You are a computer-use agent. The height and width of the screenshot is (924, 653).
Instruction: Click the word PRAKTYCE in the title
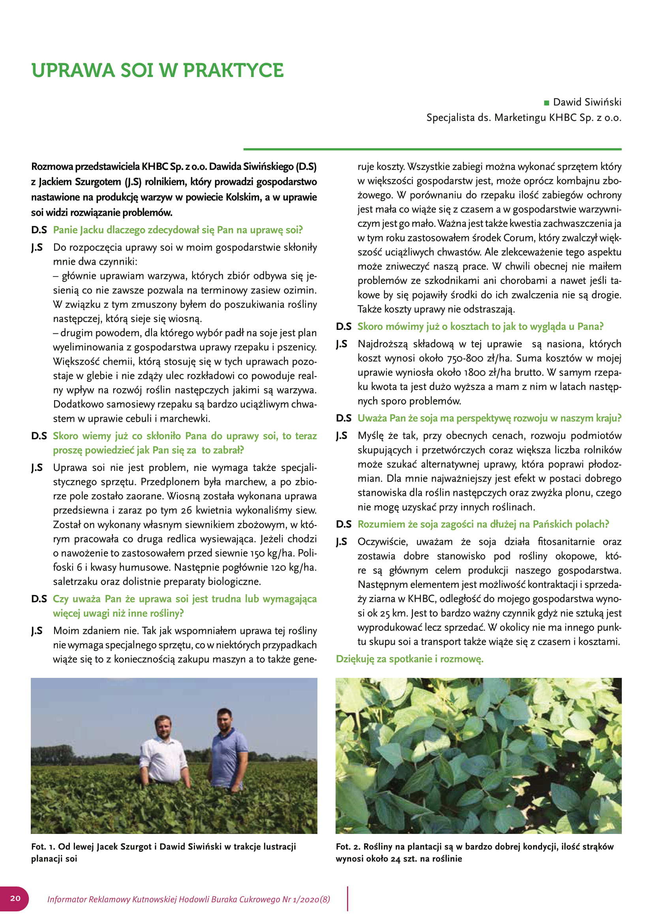pyautogui.click(x=233, y=71)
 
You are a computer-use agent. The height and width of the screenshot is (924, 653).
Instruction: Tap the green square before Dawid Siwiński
pyautogui.click(x=546, y=103)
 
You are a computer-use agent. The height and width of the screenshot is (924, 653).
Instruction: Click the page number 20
pyautogui.click(x=15, y=898)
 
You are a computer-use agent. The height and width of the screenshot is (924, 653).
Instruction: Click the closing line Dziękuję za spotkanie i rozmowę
pyautogui.click(x=409, y=659)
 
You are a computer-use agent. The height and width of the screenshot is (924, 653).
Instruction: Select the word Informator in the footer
pyautogui.click(x=66, y=900)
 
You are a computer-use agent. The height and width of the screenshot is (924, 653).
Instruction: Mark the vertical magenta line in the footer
pyautogui.click(x=347, y=899)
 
